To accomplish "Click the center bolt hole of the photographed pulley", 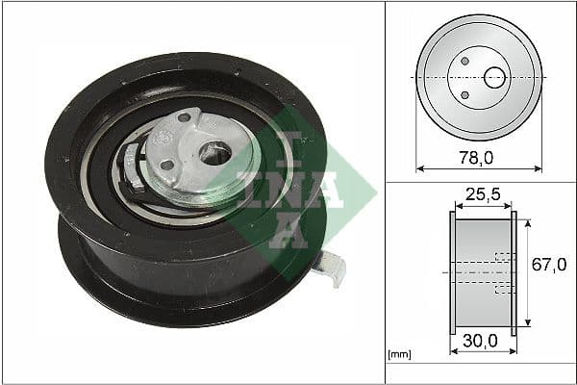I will (x=217, y=153).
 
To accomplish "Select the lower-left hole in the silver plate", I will (x=167, y=165).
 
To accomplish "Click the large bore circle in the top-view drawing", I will (x=495, y=77).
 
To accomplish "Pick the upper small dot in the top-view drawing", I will (x=464, y=61).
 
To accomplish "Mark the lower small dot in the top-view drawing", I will (x=464, y=93).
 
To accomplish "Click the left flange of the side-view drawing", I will (x=451, y=272).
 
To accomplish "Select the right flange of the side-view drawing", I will (x=514, y=272).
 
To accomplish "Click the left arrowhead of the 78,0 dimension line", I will (x=420, y=167).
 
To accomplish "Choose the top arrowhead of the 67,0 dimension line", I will (x=528, y=222).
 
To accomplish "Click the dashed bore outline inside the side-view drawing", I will (x=500, y=272).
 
